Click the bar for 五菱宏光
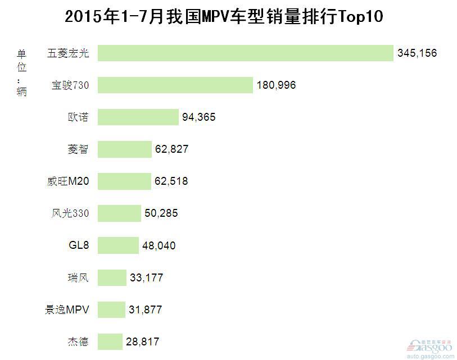pyautogui.click(x=245, y=53)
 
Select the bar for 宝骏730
pyautogui.click(x=175, y=85)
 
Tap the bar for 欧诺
pyautogui.click(x=138, y=117)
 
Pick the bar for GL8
pyautogui.click(x=118, y=245)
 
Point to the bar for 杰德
pyautogui.click(x=110, y=341)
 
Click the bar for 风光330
pyautogui.click(x=119, y=213)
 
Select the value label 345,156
pyautogui.click(x=417, y=53)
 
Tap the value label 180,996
pyautogui.click(x=276, y=85)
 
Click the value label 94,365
pyautogui.click(x=198, y=117)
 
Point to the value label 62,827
pyautogui.click(x=171, y=149)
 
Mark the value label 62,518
pyautogui.click(x=171, y=181)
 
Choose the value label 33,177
pyautogui.click(x=146, y=277)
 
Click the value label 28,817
pyautogui.click(x=142, y=341)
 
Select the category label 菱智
pyautogui.click(x=77, y=149)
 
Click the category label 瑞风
pyautogui.click(x=77, y=277)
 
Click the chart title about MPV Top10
pyautogui.click(x=224, y=17)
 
